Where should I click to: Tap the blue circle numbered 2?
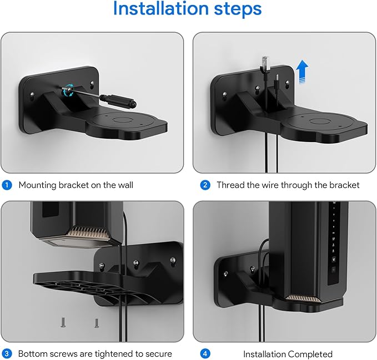[205, 185]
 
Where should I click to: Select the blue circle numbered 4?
[205, 353]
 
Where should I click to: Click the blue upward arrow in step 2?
[301, 73]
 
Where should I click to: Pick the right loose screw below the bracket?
[97, 322]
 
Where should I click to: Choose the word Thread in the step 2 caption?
[230, 185]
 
